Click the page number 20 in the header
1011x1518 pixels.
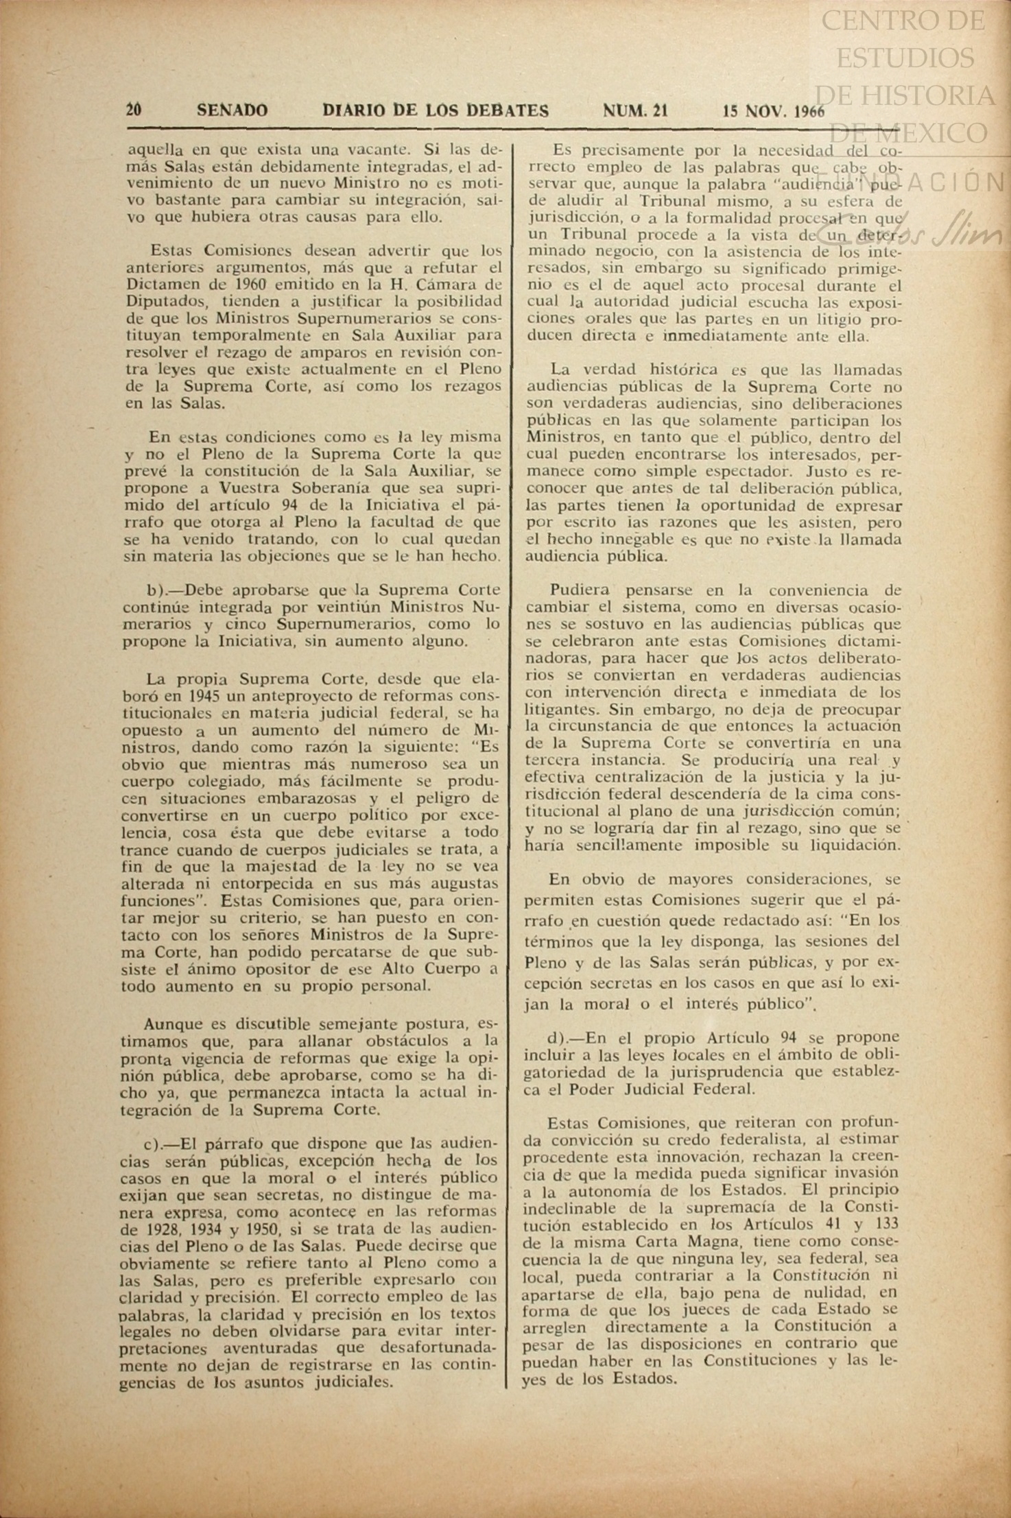(134, 110)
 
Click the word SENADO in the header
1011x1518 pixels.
(233, 110)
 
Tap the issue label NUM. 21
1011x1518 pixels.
(635, 110)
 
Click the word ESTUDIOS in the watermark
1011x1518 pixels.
(905, 58)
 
